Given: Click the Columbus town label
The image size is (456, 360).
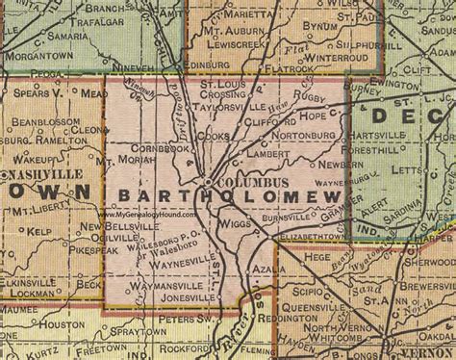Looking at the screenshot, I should pyautogui.click(x=243, y=182).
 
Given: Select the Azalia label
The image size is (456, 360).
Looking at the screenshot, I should pyautogui.click(x=270, y=270).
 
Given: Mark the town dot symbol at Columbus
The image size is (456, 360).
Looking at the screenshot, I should pyautogui.click(x=207, y=181).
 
